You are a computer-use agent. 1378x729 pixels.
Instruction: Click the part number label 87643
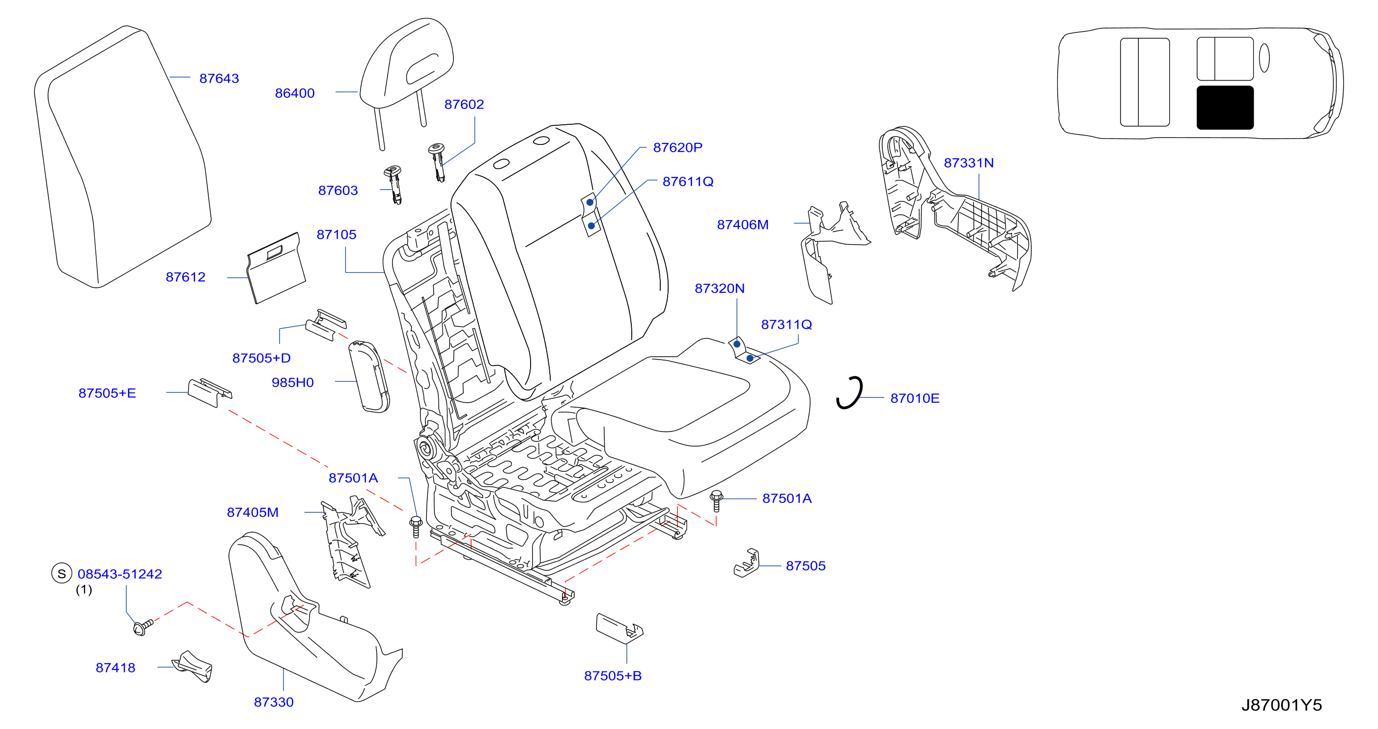point(219,79)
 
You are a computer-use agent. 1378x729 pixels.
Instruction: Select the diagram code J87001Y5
point(1281,705)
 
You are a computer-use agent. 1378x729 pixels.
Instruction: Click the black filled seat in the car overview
point(1225,108)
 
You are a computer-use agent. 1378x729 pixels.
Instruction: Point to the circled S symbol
point(61,573)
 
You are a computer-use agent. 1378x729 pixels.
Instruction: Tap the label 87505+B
point(613,675)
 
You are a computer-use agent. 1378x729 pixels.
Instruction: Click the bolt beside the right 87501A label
point(716,501)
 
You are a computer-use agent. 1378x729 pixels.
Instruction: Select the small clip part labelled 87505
point(747,563)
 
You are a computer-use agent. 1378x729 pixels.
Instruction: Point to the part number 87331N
point(968,163)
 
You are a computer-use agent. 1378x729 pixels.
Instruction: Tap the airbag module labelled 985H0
point(368,376)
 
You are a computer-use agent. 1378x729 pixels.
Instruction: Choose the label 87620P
point(677,148)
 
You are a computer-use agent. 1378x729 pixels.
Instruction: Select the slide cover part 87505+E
point(209,393)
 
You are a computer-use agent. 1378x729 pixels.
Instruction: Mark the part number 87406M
point(742,224)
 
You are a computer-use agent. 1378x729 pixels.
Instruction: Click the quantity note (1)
point(84,589)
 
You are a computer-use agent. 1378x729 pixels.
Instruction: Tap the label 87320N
point(720,289)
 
